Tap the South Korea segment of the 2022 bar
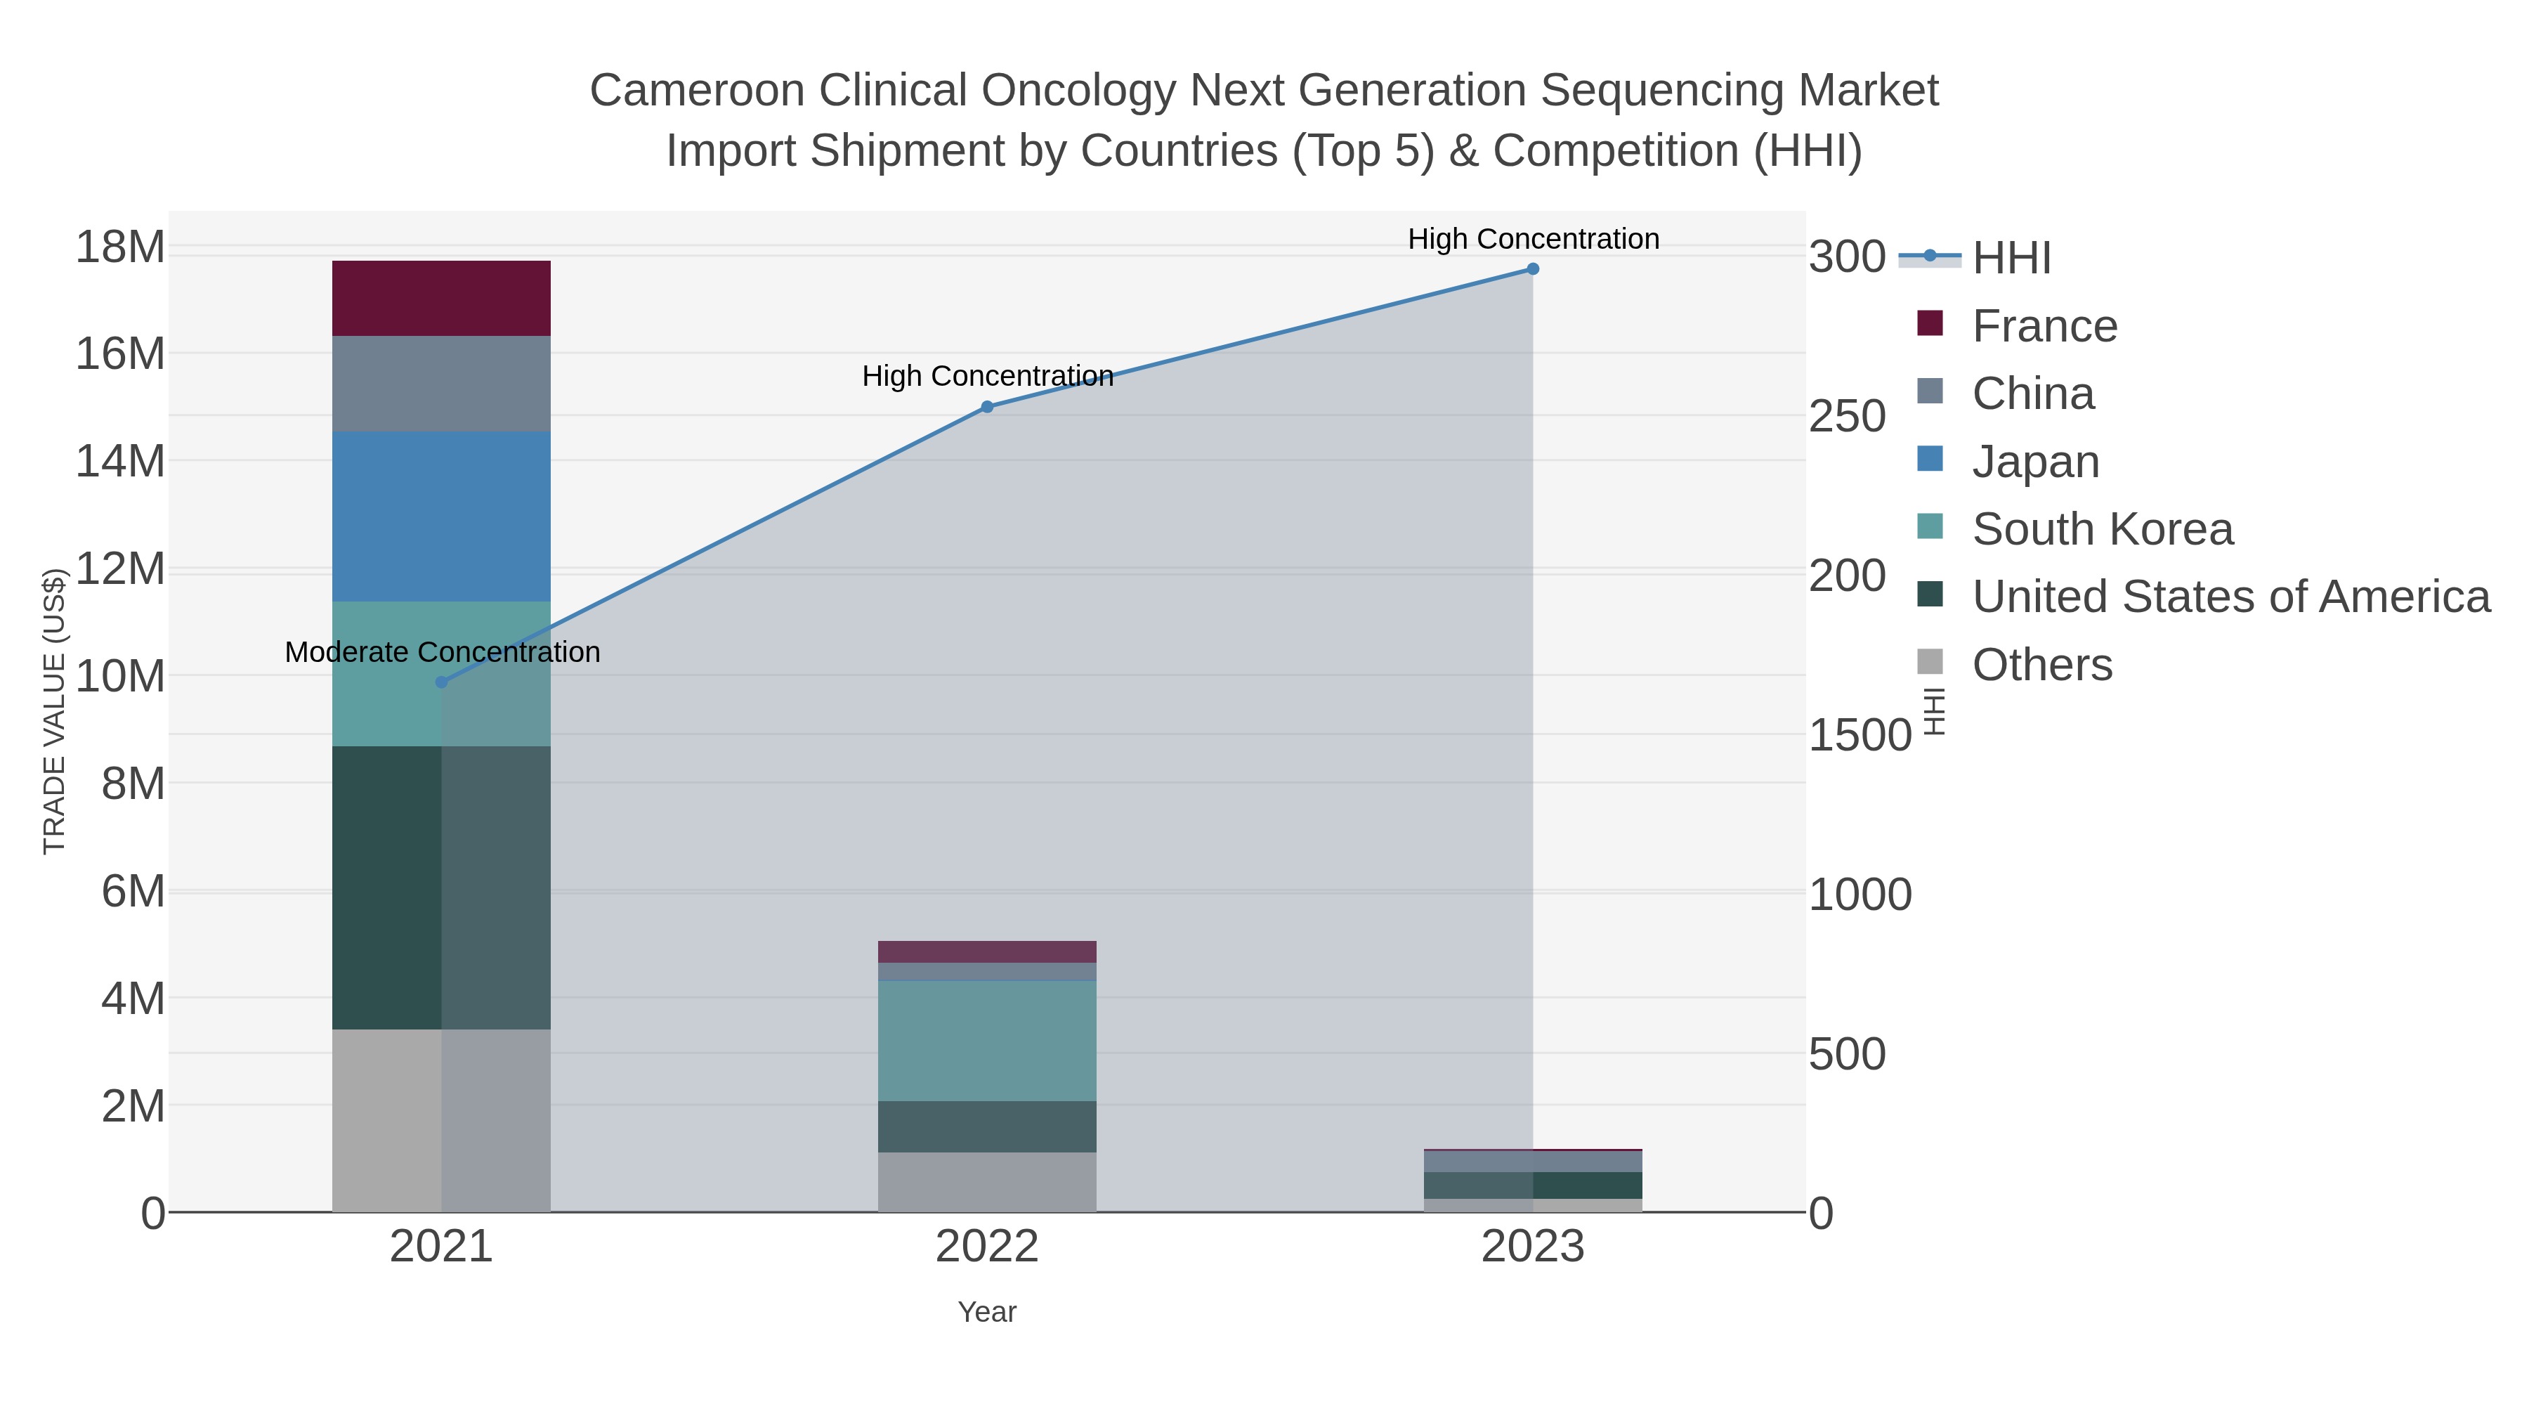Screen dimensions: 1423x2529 coord(987,1041)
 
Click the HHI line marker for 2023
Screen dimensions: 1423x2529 coord(1533,269)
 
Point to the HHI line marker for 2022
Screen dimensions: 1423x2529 coord(988,407)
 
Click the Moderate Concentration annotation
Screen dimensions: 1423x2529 coord(442,652)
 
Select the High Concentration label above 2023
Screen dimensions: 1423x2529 coord(1534,239)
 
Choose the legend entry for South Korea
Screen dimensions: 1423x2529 coord(2102,529)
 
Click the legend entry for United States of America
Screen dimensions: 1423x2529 coord(2230,597)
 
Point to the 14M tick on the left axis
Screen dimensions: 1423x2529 coord(119,460)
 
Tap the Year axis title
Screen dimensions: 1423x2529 coord(987,1312)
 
